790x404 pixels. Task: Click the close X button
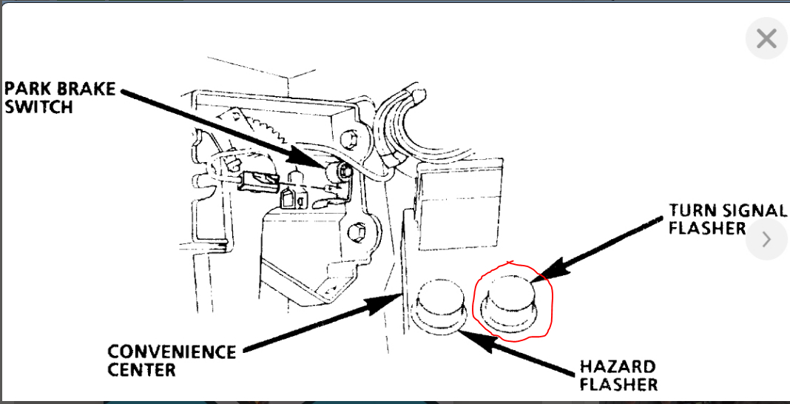click(766, 38)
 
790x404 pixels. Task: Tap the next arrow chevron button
click(766, 239)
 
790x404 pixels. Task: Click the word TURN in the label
click(691, 210)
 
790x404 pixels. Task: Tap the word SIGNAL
click(752, 210)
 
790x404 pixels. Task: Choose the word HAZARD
click(607, 367)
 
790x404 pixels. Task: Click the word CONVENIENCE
click(172, 351)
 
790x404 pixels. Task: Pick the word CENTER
click(142, 369)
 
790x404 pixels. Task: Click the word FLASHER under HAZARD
click(618, 385)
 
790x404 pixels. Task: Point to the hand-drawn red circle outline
click(551, 303)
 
